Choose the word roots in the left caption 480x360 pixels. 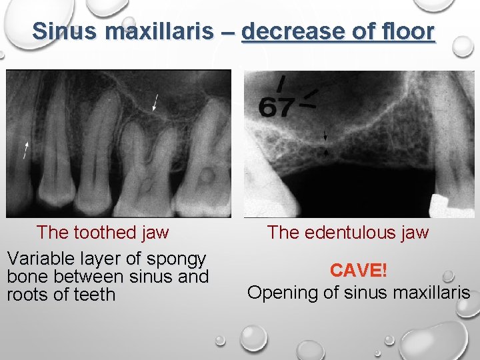[x=26, y=294]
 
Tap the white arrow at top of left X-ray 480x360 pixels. [x=155, y=102]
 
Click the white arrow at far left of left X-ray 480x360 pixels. [x=27, y=149]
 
